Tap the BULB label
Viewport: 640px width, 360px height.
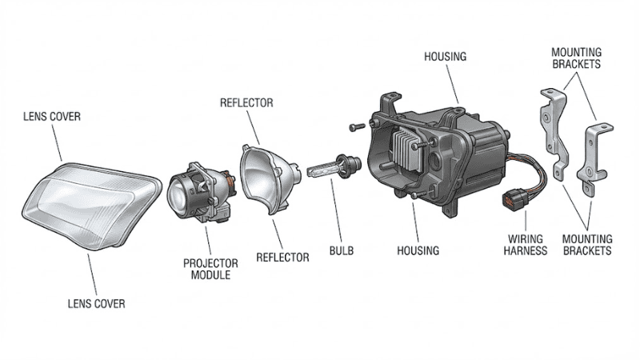click(341, 250)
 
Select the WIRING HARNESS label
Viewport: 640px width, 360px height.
click(526, 244)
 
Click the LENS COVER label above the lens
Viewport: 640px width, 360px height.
click(52, 117)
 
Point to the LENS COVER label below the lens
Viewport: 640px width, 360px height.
click(96, 304)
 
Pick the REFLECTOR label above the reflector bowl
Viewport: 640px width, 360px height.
click(246, 103)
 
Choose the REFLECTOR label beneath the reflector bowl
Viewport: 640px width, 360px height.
click(282, 258)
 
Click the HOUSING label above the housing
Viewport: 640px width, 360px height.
click(445, 57)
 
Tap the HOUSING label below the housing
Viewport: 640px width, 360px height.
click(418, 250)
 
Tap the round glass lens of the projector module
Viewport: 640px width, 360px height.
click(182, 196)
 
